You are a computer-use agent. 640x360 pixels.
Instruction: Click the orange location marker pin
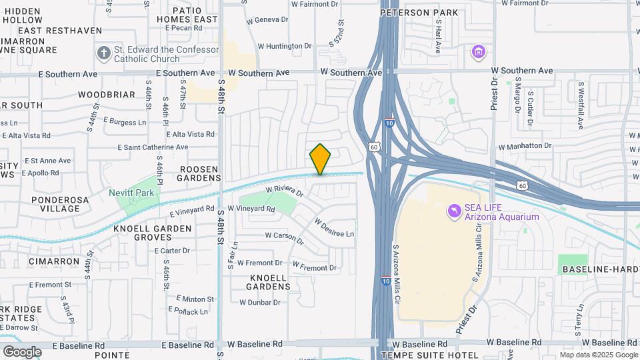pyautogui.click(x=320, y=159)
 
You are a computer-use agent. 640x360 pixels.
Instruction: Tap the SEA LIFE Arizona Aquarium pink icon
pyautogui.click(x=455, y=211)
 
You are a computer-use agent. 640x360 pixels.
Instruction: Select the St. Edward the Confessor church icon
pyautogui.click(x=103, y=53)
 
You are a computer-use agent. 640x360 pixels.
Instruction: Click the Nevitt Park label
pyautogui.click(x=131, y=193)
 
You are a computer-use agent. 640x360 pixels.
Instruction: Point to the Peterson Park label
pyautogui.click(x=419, y=13)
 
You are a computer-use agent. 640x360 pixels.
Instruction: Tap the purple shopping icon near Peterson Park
pyautogui.click(x=477, y=51)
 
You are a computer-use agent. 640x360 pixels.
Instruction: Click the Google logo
pyautogui.click(x=22, y=351)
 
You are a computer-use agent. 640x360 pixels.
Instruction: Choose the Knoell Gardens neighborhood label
pyautogui.click(x=269, y=282)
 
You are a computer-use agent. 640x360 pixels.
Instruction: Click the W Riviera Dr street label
pyautogui.click(x=285, y=191)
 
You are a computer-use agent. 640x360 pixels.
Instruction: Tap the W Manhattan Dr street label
pyautogui.click(x=525, y=145)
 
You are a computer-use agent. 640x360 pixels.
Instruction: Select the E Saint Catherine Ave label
pyautogui.click(x=163, y=147)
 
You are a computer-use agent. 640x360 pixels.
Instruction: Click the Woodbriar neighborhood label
pyautogui.click(x=107, y=95)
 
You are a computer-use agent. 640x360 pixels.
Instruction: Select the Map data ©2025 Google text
pyautogui.click(x=598, y=355)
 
